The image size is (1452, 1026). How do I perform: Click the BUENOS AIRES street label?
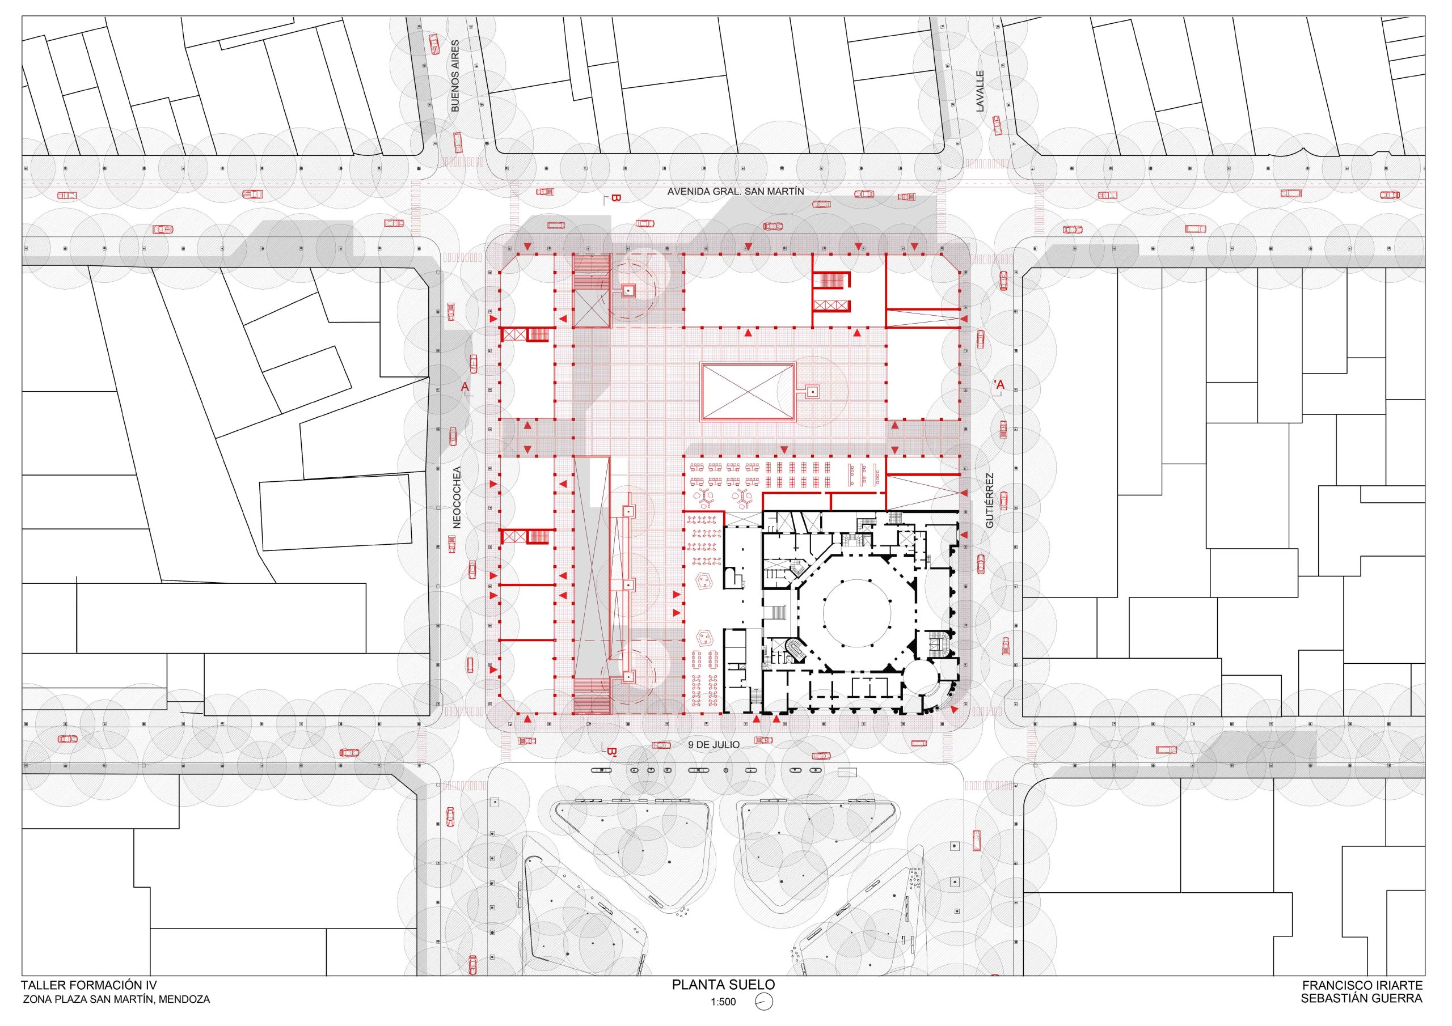pos(455,76)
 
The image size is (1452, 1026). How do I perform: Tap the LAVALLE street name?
pos(980,91)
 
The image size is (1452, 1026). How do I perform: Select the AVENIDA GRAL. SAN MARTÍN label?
pos(736,191)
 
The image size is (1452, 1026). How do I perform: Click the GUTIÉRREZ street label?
pos(990,500)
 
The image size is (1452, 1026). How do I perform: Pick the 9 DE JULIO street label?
pos(714,745)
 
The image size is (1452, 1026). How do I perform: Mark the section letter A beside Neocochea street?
pos(465,385)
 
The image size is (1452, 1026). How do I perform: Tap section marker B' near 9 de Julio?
pos(611,752)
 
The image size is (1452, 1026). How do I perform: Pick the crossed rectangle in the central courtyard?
pos(748,392)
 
